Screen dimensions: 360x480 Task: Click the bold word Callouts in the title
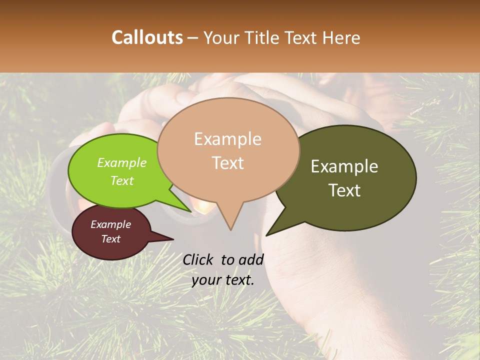(x=147, y=37)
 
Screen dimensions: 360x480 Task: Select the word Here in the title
(x=342, y=37)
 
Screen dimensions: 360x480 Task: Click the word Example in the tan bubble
(x=227, y=139)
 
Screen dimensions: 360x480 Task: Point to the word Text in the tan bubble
(x=227, y=163)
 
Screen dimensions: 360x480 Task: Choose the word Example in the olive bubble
(x=344, y=166)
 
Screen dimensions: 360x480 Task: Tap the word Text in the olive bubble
(x=344, y=190)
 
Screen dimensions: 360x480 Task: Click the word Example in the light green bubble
(x=121, y=162)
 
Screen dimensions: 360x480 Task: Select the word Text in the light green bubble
(x=121, y=180)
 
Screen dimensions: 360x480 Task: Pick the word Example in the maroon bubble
(x=110, y=224)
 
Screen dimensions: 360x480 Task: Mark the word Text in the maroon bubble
(x=110, y=239)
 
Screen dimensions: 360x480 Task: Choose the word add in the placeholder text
(x=251, y=259)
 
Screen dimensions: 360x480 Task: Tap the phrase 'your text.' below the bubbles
(x=223, y=280)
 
